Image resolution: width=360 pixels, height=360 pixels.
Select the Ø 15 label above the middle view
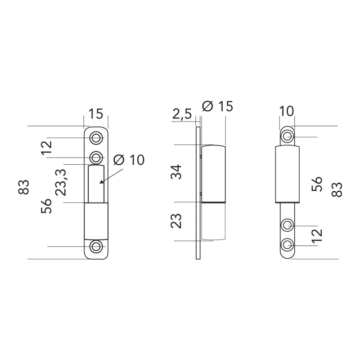click(x=218, y=107)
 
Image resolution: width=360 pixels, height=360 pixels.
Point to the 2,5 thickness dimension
click(x=182, y=115)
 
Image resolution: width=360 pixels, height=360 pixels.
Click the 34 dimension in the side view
click(x=178, y=172)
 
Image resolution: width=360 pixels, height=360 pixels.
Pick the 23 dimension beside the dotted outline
click(x=178, y=221)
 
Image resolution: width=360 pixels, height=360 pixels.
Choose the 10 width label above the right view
click(x=286, y=111)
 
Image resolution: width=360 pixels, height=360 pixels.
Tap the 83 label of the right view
click(x=337, y=189)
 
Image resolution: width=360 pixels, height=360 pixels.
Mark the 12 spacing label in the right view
click(x=317, y=235)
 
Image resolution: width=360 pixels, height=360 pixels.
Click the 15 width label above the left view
click(x=95, y=114)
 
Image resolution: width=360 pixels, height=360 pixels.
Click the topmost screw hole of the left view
click(x=96, y=138)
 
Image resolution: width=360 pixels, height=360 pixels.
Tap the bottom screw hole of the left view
click(x=96, y=247)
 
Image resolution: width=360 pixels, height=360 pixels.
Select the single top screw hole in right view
click(x=287, y=136)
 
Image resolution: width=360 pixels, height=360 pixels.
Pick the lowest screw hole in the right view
click(x=287, y=245)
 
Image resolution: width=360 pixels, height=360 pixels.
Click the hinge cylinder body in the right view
click(x=287, y=175)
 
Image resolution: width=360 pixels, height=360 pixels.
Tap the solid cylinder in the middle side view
click(x=213, y=173)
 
